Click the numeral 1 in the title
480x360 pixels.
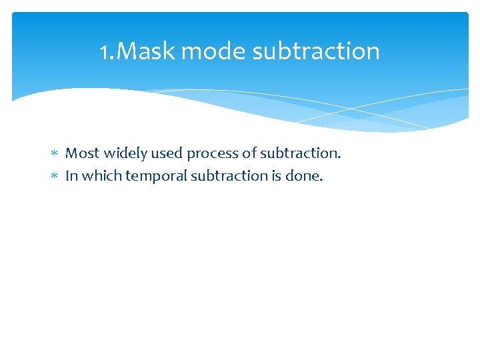104,51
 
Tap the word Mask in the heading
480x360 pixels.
145,51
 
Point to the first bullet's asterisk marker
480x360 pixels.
55,154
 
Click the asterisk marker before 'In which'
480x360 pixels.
55,177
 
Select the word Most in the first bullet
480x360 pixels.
81,153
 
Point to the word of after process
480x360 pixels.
249,153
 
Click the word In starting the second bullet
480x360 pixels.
71,176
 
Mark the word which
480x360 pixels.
97,176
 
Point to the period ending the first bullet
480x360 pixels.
339,157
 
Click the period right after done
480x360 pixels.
321,180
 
